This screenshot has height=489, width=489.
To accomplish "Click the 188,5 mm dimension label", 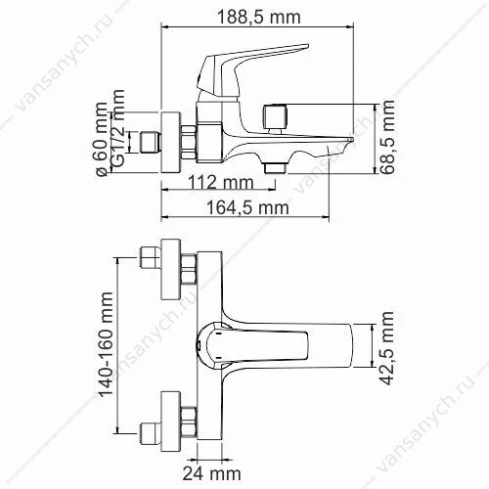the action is [258, 17].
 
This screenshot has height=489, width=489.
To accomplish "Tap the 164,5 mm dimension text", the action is [247, 207].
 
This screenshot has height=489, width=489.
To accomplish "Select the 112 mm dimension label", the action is [221, 182].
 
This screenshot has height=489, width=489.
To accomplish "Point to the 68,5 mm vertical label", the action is [387, 137].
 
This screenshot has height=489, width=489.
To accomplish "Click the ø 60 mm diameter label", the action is [102, 140].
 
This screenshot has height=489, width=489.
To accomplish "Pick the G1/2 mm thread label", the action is [117, 128].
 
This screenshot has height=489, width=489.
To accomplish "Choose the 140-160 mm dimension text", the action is [106, 344].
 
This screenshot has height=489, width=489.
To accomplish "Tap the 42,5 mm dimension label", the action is [387, 348].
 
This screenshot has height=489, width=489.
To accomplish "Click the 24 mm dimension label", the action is [212, 473].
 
